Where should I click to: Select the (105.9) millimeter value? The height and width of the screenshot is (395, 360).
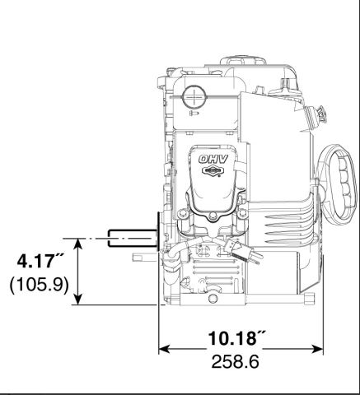pyautogui.click(x=39, y=285)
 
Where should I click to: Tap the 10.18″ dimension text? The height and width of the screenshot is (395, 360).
pyautogui.click(x=236, y=337)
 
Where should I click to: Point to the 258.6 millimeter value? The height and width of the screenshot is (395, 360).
pyautogui.click(x=235, y=361)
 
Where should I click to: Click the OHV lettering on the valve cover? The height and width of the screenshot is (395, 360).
pyautogui.click(x=213, y=159)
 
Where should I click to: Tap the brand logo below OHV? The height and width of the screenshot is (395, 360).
pyautogui.click(x=212, y=171)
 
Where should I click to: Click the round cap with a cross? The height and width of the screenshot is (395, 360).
pyautogui.click(x=194, y=97)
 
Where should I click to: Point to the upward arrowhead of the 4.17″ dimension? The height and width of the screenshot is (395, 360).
pyautogui.click(x=78, y=244)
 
